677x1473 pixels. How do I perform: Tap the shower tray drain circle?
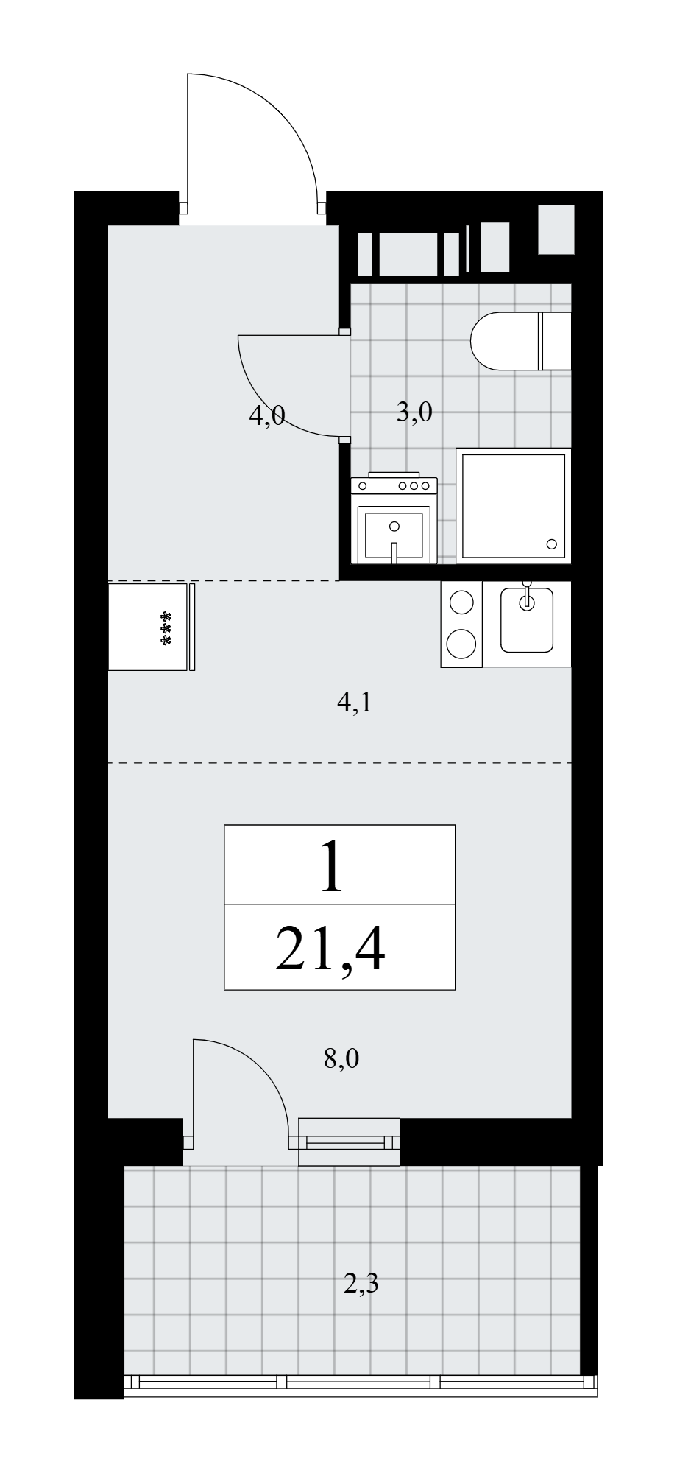(552, 544)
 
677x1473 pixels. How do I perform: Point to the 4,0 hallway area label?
(266, 418)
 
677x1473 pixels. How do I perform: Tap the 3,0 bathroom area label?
(414, 412)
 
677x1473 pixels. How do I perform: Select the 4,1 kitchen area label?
(354, 703)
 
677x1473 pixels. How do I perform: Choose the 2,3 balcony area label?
(361, 1285)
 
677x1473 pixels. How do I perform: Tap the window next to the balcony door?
(349, 1142)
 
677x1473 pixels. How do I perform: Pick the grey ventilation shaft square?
(556, 230)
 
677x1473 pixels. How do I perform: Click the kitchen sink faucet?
(526, 595)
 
